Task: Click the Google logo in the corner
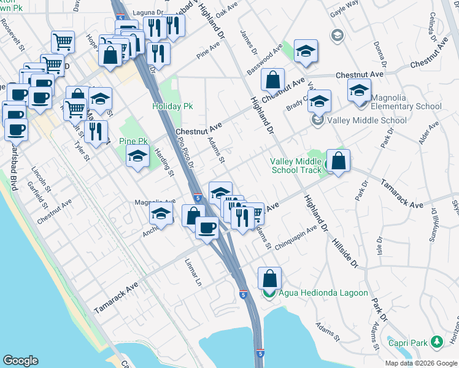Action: tap(20, 361)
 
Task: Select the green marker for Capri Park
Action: tap(436, 340)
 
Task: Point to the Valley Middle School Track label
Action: tap(296, 166)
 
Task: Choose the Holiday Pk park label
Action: tap(172, 106)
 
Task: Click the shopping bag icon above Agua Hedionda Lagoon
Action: tap(269, 278)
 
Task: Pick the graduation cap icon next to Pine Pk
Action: tap(138, 156)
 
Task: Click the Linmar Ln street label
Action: tap(193, 273)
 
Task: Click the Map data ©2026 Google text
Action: tap(421, 363)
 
